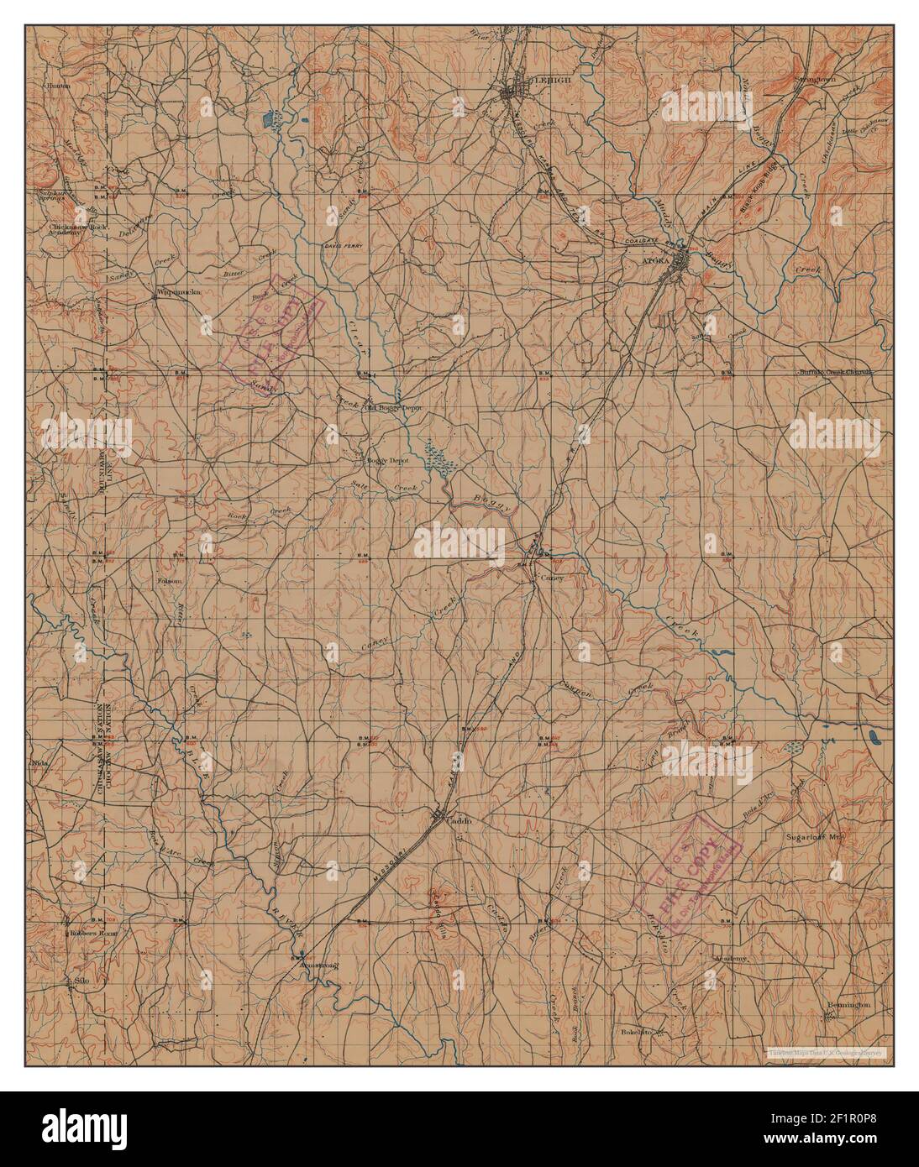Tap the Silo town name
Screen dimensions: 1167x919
pos(81,980)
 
